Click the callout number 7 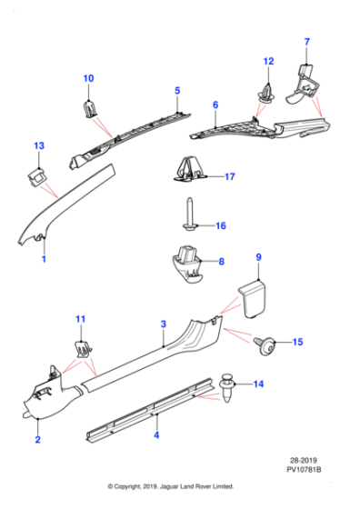[306, 43]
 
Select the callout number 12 [268, 61]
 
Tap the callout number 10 [89, 79]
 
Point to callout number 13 [38, 146]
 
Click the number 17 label [229, 176]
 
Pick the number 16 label [219, 225]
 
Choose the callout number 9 [257, 258]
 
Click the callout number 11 [80, 319]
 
